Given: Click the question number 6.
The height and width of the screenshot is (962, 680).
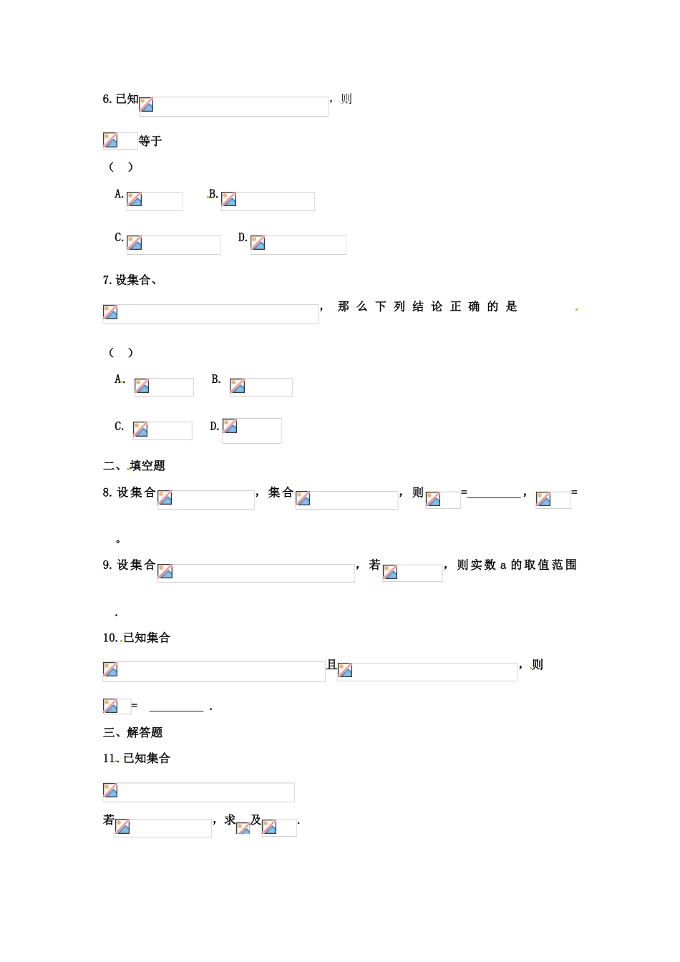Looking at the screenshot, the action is tap(107, 99).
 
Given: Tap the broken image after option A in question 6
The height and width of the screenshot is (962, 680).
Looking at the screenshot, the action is tap(155, 201).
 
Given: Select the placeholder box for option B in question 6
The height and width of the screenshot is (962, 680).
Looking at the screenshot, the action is tap(268, 201).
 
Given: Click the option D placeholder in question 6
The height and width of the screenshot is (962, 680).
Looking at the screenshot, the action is tap(298, 245).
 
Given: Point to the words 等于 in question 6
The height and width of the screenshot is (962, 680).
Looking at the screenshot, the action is tap(150, 141).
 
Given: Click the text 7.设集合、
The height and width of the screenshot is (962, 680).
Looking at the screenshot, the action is tap(130, 280).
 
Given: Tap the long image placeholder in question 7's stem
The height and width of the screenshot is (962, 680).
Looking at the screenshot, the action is tap(210, 314).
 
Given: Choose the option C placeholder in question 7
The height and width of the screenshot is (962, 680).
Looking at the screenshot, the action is tap(162, 430).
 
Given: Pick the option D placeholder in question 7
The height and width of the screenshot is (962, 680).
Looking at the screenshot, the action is tap(251, 430).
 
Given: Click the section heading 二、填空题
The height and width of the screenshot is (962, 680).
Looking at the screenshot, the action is tap(135, 466).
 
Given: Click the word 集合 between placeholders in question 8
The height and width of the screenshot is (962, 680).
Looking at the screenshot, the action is tap(281, 492).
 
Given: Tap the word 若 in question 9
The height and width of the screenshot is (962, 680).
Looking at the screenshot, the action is tap(374, 565).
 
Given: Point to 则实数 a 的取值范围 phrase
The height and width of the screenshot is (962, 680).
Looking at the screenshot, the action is tap(516, 565).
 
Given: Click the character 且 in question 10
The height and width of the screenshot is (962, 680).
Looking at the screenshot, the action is tap(331, 665).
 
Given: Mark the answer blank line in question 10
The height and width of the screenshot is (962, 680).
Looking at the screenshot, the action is tap(176, 710).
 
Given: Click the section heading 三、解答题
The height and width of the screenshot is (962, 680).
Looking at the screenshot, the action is tap(133, 732).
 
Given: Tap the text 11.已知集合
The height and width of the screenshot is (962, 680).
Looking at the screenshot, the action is tap(137, 759).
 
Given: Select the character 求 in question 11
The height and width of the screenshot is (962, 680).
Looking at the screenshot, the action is tap(230, 820).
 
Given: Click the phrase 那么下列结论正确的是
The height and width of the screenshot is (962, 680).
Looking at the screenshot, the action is tap(427, 307).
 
